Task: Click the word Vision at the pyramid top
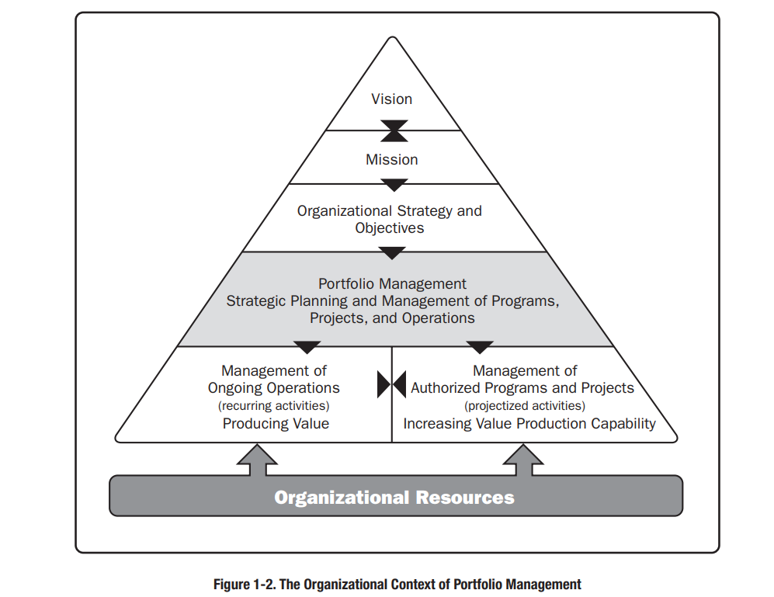(391, 99)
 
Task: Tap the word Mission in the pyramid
(391, 159)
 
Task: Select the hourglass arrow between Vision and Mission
(394, 131)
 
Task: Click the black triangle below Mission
(394, 186)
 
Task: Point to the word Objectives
(390, 228)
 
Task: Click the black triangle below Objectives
(392, 253)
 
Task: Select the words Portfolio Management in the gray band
(392, 284)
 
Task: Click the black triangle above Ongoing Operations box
(307, 347)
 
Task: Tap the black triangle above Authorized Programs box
(480, 347)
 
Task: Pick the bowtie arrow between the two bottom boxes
(391, 384)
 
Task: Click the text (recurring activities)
(274, 406)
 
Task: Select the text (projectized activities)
(525, 406)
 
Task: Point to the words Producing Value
(276, 424)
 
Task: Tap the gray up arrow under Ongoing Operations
(257, 460)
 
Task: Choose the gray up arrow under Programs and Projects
(523, 460)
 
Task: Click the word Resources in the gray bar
(465, 498)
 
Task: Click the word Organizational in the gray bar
(342, 498)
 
